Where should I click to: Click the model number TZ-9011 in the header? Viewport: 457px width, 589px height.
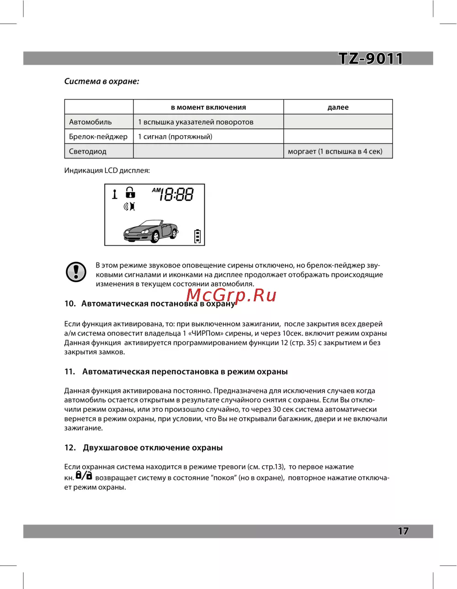point(371,58)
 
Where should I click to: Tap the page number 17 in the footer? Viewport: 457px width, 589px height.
point(403,531)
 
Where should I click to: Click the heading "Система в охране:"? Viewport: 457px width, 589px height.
point(101,81)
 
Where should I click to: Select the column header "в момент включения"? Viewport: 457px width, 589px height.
point(208,107)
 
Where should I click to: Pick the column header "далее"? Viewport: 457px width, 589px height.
point(338,107)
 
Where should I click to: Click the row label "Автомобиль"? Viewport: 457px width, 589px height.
point(90,122)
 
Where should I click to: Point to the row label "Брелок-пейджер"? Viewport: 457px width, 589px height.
point(98,137)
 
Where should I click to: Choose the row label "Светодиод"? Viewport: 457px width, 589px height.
point(88,151)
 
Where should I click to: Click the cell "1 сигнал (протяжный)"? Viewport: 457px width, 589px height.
point(175,137)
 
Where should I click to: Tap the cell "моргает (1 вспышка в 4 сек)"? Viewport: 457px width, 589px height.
point(335,151)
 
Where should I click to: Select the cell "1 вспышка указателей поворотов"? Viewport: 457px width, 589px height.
point(196,122)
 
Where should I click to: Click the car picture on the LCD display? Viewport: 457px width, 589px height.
point(151,231)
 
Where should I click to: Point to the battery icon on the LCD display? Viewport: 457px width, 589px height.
point(197,236)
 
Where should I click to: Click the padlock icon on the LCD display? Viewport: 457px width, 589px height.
point(131,193)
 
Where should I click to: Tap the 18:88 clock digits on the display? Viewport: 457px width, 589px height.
point(176,195)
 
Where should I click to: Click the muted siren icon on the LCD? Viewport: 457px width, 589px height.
point(129,206)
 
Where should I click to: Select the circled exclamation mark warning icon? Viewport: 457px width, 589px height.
point(76,272)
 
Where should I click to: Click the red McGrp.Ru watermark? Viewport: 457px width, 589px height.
point(231,295)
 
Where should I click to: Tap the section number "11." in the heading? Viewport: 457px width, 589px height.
point(69,372)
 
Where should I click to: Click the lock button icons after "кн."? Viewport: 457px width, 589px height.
point(84,476)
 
